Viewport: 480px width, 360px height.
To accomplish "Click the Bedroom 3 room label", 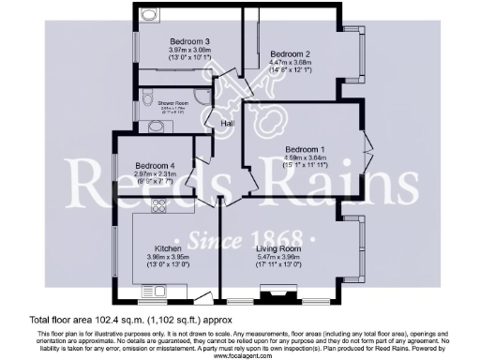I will point(188,41).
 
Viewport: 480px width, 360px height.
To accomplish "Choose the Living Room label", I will point(275,248).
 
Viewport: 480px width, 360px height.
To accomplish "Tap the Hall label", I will point(228,123).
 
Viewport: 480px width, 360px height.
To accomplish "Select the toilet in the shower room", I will point(154,126).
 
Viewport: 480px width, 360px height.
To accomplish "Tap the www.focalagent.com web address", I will point(240,355).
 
